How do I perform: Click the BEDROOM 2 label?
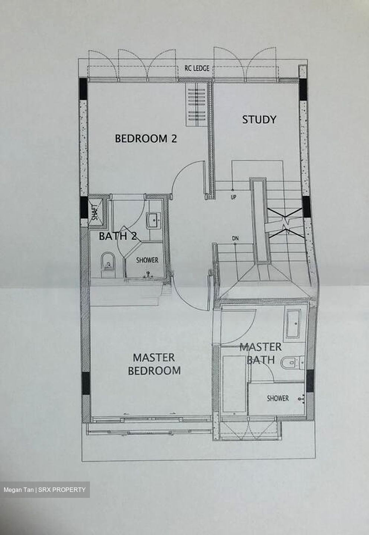(x=146, y=139)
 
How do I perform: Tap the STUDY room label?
(x=259, y=120)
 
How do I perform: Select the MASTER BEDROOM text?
(x=154, y=364)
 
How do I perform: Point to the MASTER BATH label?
(x=260, y=353)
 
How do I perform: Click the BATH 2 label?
(x=116, y=236)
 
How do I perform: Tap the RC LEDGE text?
(x=197, y=68)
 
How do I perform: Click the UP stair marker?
(x=233, y=197)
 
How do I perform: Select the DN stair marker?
(x=235, y=238)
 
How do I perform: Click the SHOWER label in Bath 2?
(x=147, y=260)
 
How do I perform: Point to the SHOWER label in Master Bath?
(x=278, y=398)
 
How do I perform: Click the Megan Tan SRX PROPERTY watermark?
(x=45, y=490)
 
